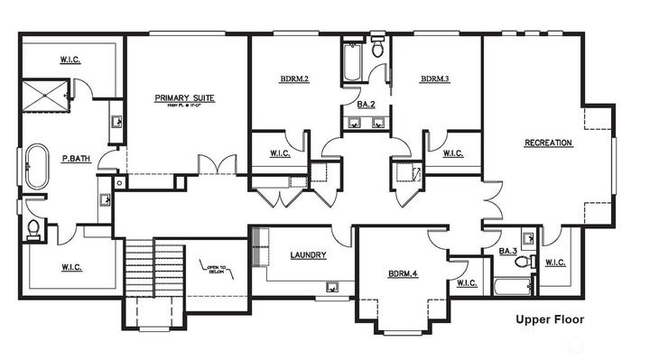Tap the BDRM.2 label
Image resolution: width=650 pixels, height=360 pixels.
tap(294, 79)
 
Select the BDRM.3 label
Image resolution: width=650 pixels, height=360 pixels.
tap(434, 79)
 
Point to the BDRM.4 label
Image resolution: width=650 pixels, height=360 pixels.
tap(404, 272)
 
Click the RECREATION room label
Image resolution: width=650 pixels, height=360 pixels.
tap(548, 143)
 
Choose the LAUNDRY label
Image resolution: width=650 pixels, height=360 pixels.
tap(308, 254)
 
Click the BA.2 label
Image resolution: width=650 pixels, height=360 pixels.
tap(366, 106)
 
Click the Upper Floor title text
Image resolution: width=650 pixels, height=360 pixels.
tap(550, 318)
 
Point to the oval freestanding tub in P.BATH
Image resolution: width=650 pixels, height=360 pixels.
tap(37, 167)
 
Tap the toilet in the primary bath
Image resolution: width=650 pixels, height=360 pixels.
tap(32, 229)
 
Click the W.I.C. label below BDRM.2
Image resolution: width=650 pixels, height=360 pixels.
tap(280, 153)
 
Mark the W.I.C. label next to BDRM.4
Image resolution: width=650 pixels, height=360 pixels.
tap(467, 283)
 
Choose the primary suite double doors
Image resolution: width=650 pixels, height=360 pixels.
tap(218, 165)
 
